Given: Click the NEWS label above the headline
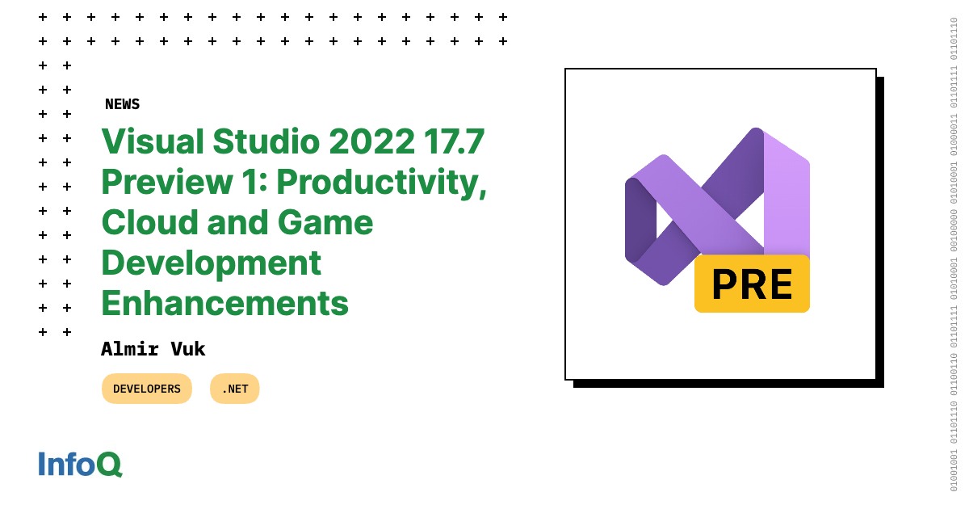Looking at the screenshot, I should (122, 104).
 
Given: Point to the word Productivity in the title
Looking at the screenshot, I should (381, 183).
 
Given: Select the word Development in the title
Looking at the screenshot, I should (211, 263).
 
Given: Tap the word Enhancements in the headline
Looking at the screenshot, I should (224, 304).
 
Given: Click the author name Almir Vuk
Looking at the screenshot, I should (153, 349).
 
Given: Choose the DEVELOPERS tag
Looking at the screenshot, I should (147, 389).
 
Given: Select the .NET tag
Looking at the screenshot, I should (235, 389).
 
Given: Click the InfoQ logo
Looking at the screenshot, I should (80, 465).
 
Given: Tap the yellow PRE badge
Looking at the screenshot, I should (752, 284).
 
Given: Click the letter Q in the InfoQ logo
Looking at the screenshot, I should (110, 465).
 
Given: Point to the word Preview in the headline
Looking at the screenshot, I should (169, 183).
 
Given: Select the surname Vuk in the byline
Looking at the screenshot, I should (190, 349).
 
